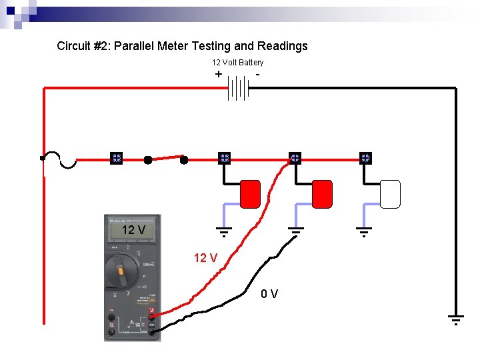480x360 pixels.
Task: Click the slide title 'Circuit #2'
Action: pyautogui.click(x=182, y=46)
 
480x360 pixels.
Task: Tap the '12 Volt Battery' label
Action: pyautogui.click(x=237, y=63)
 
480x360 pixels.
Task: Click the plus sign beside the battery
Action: pyautogui.click(x=219, y=74)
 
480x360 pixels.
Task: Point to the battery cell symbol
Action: pyautogui.click(x=238, y=87)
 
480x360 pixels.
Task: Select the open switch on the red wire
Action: pyautogui.click(x=166, y=159)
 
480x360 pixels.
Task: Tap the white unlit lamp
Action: pyautogui.click(x=390, y=193)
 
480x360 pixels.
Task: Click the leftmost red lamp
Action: pyautogui.click(x=250, y=193)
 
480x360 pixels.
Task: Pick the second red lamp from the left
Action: pyautogui.click(x=322, y=193)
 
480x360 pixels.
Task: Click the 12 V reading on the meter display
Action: pyautogui.click(x=133, y=230)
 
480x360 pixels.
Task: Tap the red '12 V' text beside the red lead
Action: pyautogui.click(x=205, y=258)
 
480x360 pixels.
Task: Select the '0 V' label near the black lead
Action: pyautogui.click(x=270, y=293)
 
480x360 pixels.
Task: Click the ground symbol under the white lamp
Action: pyautogui.click(x=363, y=232)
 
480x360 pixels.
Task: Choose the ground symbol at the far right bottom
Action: pyautogui.click(x=455, y=320)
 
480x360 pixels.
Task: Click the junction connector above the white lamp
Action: pyautogui.click(x=365, y=159)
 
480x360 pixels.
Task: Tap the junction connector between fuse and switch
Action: pyautogui.click(x=115, y=159)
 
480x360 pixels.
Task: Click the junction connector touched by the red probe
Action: pyautogui.click(x=295, y=159)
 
